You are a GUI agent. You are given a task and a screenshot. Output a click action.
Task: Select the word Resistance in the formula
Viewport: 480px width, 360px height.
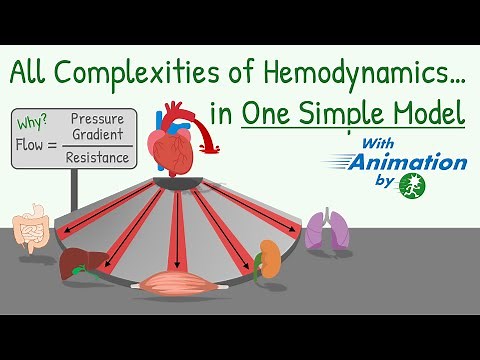[98, 158]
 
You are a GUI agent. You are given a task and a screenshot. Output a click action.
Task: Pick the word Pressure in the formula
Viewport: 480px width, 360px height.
[98, 119]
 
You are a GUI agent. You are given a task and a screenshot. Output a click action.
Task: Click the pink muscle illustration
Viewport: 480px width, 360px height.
[180, 284]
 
